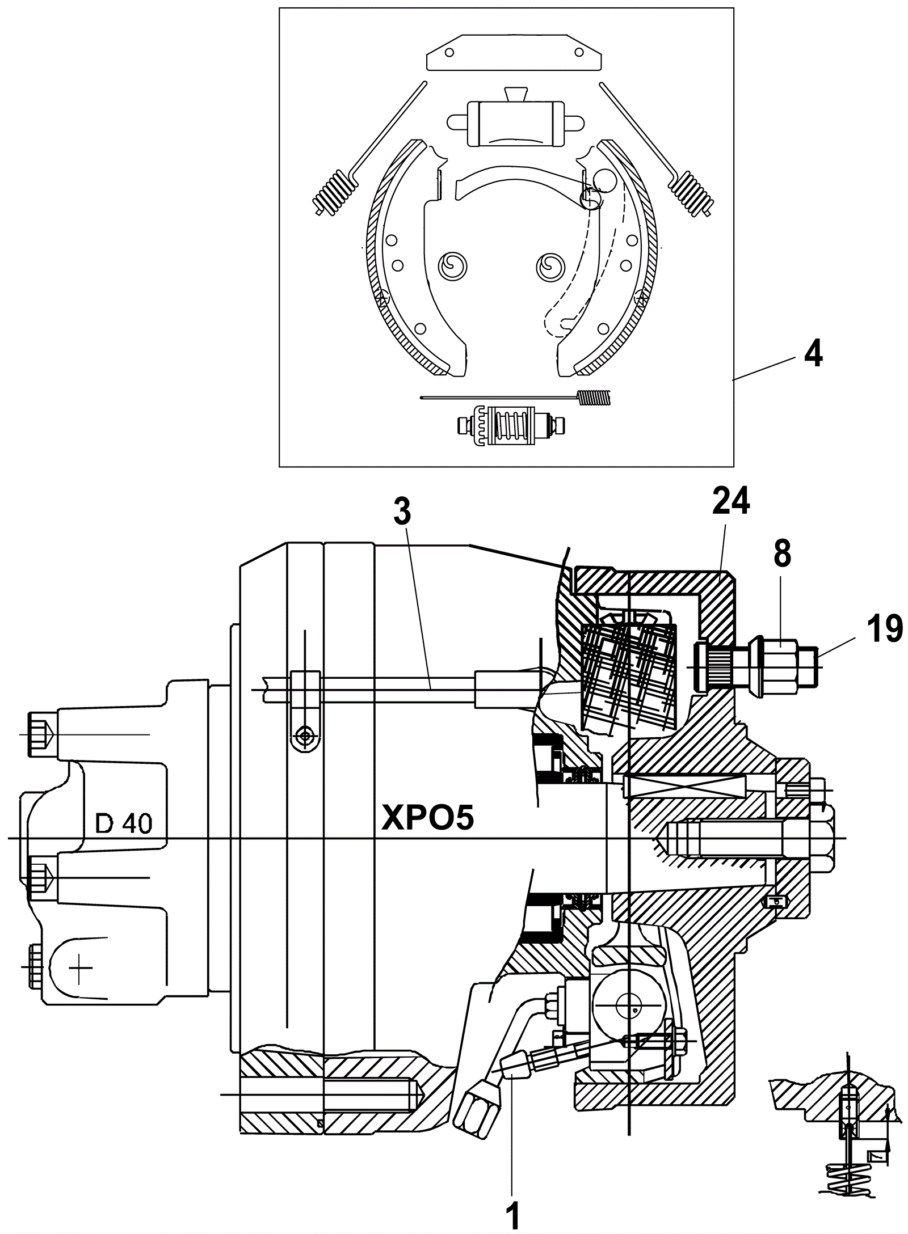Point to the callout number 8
(782, 553)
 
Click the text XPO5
(428, 818)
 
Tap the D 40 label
(124, 823)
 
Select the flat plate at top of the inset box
(514, 51)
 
